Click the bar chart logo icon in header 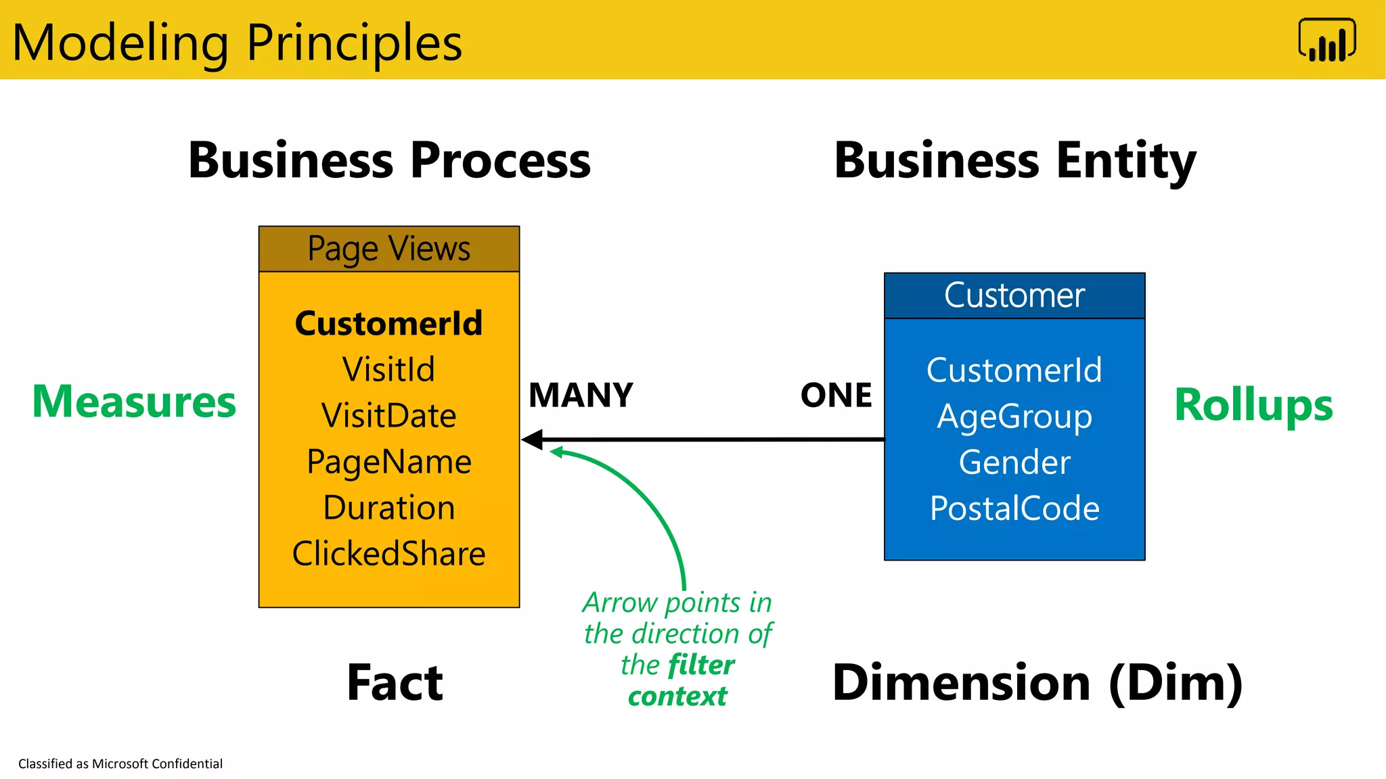coord(1327,41)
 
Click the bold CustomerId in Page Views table coord(388,323)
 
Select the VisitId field coord(388,369)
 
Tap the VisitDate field coord(388,415)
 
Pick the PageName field coord(388,462)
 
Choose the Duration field coord(388,508)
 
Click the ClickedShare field coord(388,554)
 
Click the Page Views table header coord(388,249)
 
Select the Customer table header coord(1014,296)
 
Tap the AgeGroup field coord(1014,417)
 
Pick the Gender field coord(1014,463)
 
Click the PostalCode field coord(1014,509)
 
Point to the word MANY coord(581,395)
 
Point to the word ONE coord(836,395)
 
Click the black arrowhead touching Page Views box coord(533,440)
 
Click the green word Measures coord(134,402)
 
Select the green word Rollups coord(1253,404)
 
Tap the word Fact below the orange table coord(395,682)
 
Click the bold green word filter coord(700,665)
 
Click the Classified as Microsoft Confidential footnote coord(120,763)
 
